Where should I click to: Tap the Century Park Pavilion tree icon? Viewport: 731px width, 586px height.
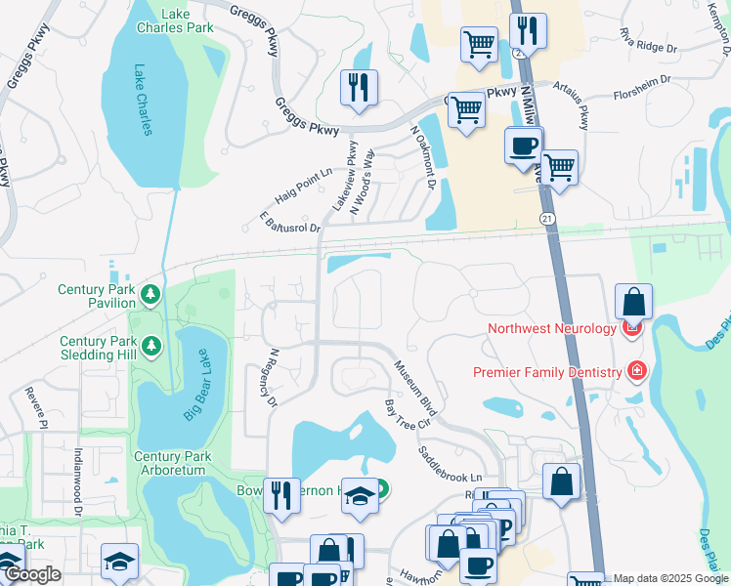pos(150,294)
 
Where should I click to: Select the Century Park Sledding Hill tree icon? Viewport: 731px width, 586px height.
pos(150,345)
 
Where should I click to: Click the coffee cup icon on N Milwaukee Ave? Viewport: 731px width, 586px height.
pos(523,146)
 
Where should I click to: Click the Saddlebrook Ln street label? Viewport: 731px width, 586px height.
pos(451,463)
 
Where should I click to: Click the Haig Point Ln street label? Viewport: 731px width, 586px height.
pos(304,184)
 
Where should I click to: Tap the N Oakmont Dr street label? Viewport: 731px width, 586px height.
pos(422,158)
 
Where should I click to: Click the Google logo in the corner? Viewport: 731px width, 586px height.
pos(32,574)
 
